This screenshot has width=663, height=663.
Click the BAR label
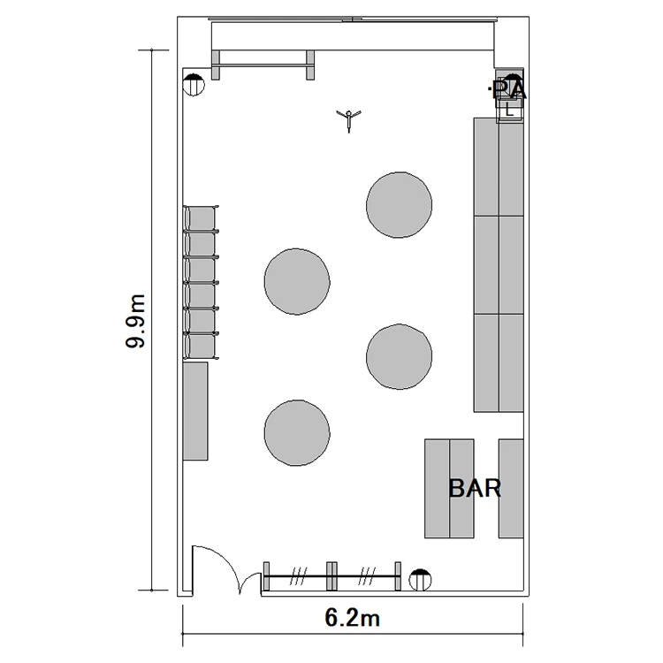475,488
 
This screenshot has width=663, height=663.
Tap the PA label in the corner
510,89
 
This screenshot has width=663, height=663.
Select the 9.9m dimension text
135,321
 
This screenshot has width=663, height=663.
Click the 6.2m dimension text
352,618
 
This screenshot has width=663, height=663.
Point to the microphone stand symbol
349,120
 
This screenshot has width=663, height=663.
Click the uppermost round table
400,205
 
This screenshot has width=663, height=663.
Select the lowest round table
297,433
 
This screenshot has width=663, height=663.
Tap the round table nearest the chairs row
297,282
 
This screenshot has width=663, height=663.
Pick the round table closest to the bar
400,357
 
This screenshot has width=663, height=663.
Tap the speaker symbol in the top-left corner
194,85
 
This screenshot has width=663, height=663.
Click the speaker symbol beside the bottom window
420,580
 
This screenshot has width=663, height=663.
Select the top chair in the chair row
201,218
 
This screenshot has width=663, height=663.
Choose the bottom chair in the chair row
201,346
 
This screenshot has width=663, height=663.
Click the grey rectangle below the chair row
195,411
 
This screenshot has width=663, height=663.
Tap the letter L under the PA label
509,110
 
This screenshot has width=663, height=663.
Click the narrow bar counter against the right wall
511,488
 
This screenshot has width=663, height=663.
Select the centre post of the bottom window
331,575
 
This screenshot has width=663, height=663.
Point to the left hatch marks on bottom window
298,576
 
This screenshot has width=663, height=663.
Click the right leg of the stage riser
310,65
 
